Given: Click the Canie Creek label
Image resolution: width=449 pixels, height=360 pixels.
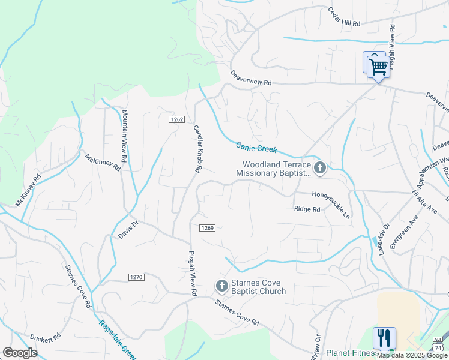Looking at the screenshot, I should tap(256, 147).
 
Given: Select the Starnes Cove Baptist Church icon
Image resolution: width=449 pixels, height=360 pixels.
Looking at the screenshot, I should tap(221, 285).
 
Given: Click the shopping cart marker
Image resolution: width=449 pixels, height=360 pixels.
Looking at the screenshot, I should tap(378, 66).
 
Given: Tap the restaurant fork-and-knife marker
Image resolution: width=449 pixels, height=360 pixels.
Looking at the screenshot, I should tap(384, 337).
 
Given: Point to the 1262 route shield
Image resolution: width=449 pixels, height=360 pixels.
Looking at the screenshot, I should tap(176, 119).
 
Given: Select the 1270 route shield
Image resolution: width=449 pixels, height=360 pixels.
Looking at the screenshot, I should tap(136, 277).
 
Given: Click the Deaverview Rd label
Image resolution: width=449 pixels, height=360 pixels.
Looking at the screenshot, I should tap(251, 79).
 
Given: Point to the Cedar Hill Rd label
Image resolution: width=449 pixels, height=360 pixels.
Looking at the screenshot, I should tap(344, 17).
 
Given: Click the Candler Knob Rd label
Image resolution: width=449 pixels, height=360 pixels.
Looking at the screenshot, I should tap(196, 149).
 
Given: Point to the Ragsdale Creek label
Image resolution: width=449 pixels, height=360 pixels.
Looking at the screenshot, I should tap(117, 340).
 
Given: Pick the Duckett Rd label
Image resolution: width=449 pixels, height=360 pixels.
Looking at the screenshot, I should tap(46, 338).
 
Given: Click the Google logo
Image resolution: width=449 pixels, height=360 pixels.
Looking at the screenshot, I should tap(20, 353).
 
